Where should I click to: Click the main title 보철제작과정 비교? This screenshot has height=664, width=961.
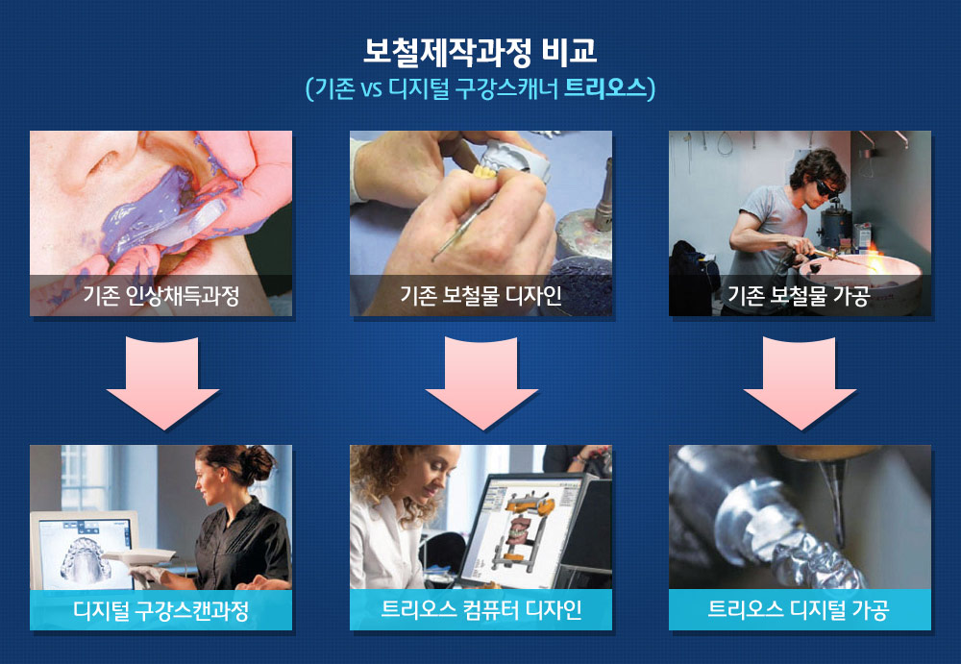(x=480, y=52)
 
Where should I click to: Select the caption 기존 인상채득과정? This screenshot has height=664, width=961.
(x=161, y=296)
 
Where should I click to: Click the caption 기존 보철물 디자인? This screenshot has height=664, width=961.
(x=481, y=296)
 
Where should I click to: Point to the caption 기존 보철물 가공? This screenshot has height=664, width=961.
(x=800, y=296)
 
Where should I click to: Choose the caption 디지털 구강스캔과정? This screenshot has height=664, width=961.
(x=161, y=610)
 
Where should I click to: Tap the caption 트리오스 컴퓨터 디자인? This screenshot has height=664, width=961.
(x=481, y=610)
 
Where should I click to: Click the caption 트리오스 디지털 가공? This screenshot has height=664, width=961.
(x=800, y=610)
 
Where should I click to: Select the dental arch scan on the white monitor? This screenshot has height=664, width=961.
(x=86, y=558)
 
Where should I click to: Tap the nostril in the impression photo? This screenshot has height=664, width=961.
(x=104, y=161)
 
